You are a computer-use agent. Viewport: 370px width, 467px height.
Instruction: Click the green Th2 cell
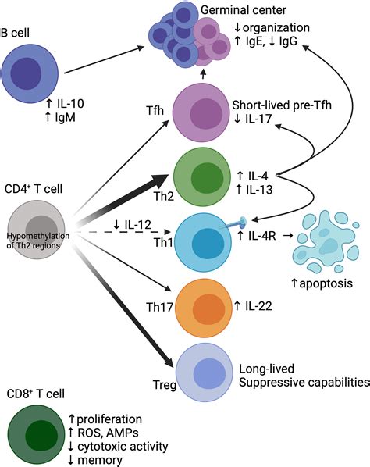point(202,177)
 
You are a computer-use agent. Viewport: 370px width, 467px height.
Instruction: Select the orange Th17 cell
point(204,308)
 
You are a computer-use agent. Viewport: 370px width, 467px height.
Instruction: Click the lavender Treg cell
point(205,373)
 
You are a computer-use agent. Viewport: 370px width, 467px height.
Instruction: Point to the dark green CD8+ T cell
point(37,434)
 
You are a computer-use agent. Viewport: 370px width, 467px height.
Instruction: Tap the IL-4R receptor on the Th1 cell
point(233,223)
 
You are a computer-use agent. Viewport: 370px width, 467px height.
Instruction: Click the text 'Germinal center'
point(244,10)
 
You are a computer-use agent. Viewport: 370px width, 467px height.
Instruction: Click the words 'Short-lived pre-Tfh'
point(282,105)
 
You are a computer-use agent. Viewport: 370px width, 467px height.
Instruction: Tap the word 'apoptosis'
point(326,283)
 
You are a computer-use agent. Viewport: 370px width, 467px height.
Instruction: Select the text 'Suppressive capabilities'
point(304,383)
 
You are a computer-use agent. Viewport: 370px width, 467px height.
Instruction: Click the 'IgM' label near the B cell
point(66,117)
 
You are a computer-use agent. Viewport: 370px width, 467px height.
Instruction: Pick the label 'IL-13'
point(259,190)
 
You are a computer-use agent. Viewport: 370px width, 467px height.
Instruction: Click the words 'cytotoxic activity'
point(123,447)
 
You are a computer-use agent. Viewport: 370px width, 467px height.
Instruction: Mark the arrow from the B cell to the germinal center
point(104,59)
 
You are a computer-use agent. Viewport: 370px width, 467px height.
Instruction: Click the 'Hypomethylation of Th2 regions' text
point(38,241)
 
